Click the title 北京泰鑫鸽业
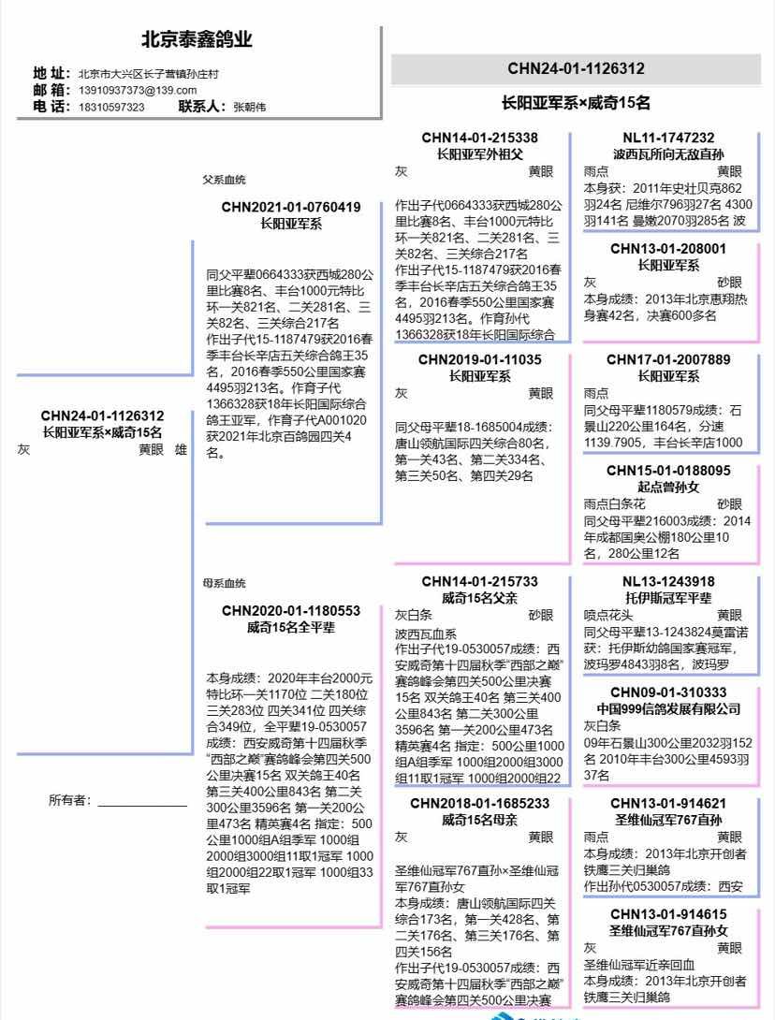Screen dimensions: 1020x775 pyautogui.click(x=197, y=40)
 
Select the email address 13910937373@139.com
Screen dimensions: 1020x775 pyautogui.click(x=138, y=90)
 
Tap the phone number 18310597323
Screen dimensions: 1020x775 pyautogui.click(x=111, y=107)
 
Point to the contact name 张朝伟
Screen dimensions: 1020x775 pyautogui.click(x=250, y=107)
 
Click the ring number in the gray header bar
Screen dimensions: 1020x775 pyautogui.click(x=576, y=68)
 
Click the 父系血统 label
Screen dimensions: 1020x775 pyautogui.click(x=224, y=180)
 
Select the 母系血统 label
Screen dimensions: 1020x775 pyautogui.click(x=224, y=583)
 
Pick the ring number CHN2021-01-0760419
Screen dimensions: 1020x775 pyautogui.click(x=291, y=207)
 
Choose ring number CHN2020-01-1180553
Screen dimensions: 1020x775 pyautogui.click(x=291, y=610)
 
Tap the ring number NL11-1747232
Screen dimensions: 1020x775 pyautogui.click(x=668, y=138)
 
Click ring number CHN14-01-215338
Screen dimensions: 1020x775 pyautogui.click(x=479, y=138)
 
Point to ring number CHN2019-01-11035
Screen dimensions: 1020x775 pyautogui.click(x=479, y=359)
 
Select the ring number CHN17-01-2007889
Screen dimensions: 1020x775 pyautogui.click(x=668, y=359)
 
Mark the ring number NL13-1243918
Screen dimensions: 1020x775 pyautogui.click(x=668, y=581)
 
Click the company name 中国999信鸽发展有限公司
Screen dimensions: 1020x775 pyautogui.click(x=668, y=708)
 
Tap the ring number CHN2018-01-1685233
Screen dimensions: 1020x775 pyautogui.click(x=479, y=803)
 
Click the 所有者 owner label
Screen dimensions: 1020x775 pyautogui.click(x=71, y=800)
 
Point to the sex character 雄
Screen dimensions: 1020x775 pyautogui.click(x=181, y=449)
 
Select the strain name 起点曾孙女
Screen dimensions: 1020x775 pyautogui.click(x=668, y=487)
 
